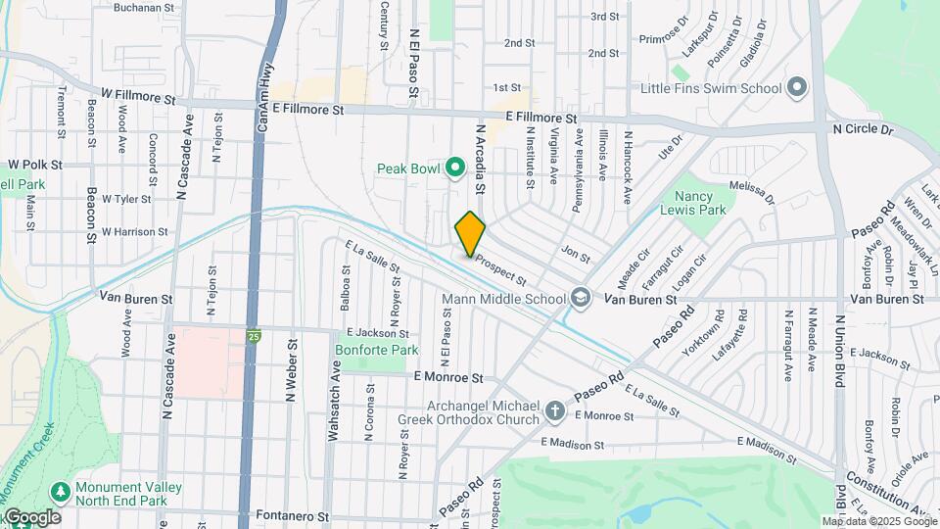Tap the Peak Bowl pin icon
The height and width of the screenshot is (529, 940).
[x=454, y=168]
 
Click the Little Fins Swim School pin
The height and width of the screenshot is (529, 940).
[x=797, y=88]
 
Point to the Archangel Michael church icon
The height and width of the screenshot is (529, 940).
[x=555, y=410]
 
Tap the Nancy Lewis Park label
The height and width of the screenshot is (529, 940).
[x=700, y=203]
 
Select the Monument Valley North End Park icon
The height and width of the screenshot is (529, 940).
[x=62, y=489]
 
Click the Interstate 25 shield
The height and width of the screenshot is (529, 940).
[x=253, y=335]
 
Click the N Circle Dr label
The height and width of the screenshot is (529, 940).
[x=863, y=128]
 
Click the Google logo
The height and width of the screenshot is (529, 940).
[x=31, y=516]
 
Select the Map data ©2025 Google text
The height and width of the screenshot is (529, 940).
[x=878, y=521]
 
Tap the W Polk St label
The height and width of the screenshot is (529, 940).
[x=35, y=165]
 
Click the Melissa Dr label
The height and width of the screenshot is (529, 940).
[x=752, y=192]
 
